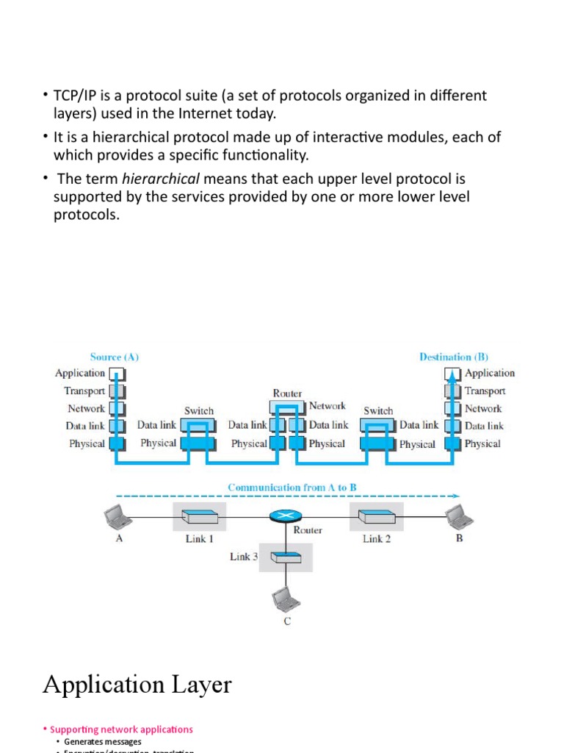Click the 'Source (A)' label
(x=115, y=357)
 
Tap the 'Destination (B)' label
(x=453, y=357)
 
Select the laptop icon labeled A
(x=118, y=517)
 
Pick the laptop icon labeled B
(x=459, y=516)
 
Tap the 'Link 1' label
(x=199, y=539)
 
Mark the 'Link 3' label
(x=244, y=557)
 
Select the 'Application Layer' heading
(x=137, y=685)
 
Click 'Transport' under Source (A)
(x=85, y=391)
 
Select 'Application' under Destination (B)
(x=490, y=374)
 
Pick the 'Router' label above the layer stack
(x=287, y=393)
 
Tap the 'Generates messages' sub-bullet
(x=103, y=742)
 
